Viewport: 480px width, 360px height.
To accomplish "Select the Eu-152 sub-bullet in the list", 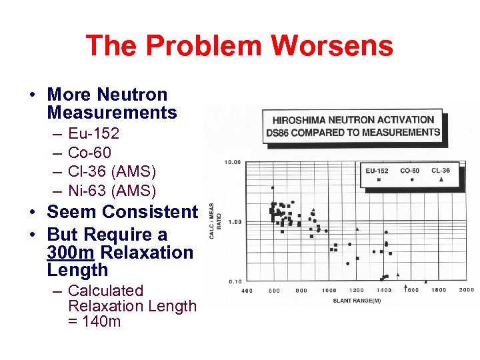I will click(x=93, y=134).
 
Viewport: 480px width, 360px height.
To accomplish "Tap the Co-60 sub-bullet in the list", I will click(x=89, y=153).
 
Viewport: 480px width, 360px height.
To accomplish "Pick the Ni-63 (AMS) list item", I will click(x=112, y=191).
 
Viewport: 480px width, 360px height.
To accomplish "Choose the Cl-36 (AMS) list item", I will click(x=112, y=172).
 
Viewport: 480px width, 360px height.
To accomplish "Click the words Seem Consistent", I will click(x=122, y=212).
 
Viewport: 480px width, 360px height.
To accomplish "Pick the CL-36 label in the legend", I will click(x=440, y=171).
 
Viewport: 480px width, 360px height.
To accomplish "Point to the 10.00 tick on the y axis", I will click(x=233, y=162).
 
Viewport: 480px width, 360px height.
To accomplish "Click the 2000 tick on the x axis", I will click(x=466, y=290).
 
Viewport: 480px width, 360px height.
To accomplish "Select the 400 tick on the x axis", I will click(x=247, y=291).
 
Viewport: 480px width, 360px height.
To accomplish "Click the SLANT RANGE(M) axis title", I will click(x=357, y=301).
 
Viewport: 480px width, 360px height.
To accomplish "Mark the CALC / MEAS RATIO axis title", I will click(x=213, y=221).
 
